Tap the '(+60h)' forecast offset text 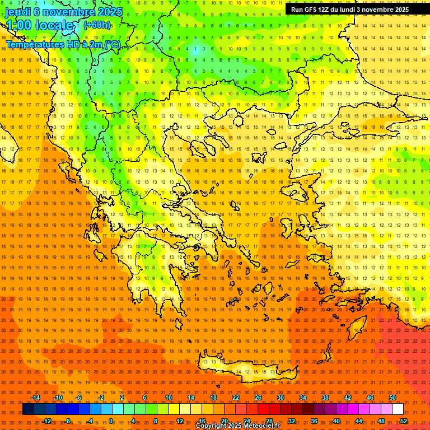[x=97, y=25]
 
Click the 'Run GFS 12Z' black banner [x=349, y=10]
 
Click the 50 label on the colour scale [x=392, y=398]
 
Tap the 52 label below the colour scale [x=404, y=420]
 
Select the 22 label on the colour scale [x=236, y=398]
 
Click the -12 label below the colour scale [x=47, y=420]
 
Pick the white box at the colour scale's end [x=398, y=409]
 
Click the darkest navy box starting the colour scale [x=28, y=409]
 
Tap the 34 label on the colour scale [x=303, y=398]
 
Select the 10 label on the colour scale [x=169, y=398]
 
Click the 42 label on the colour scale [x=348, y=398]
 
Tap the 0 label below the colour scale [x=111, y=420]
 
